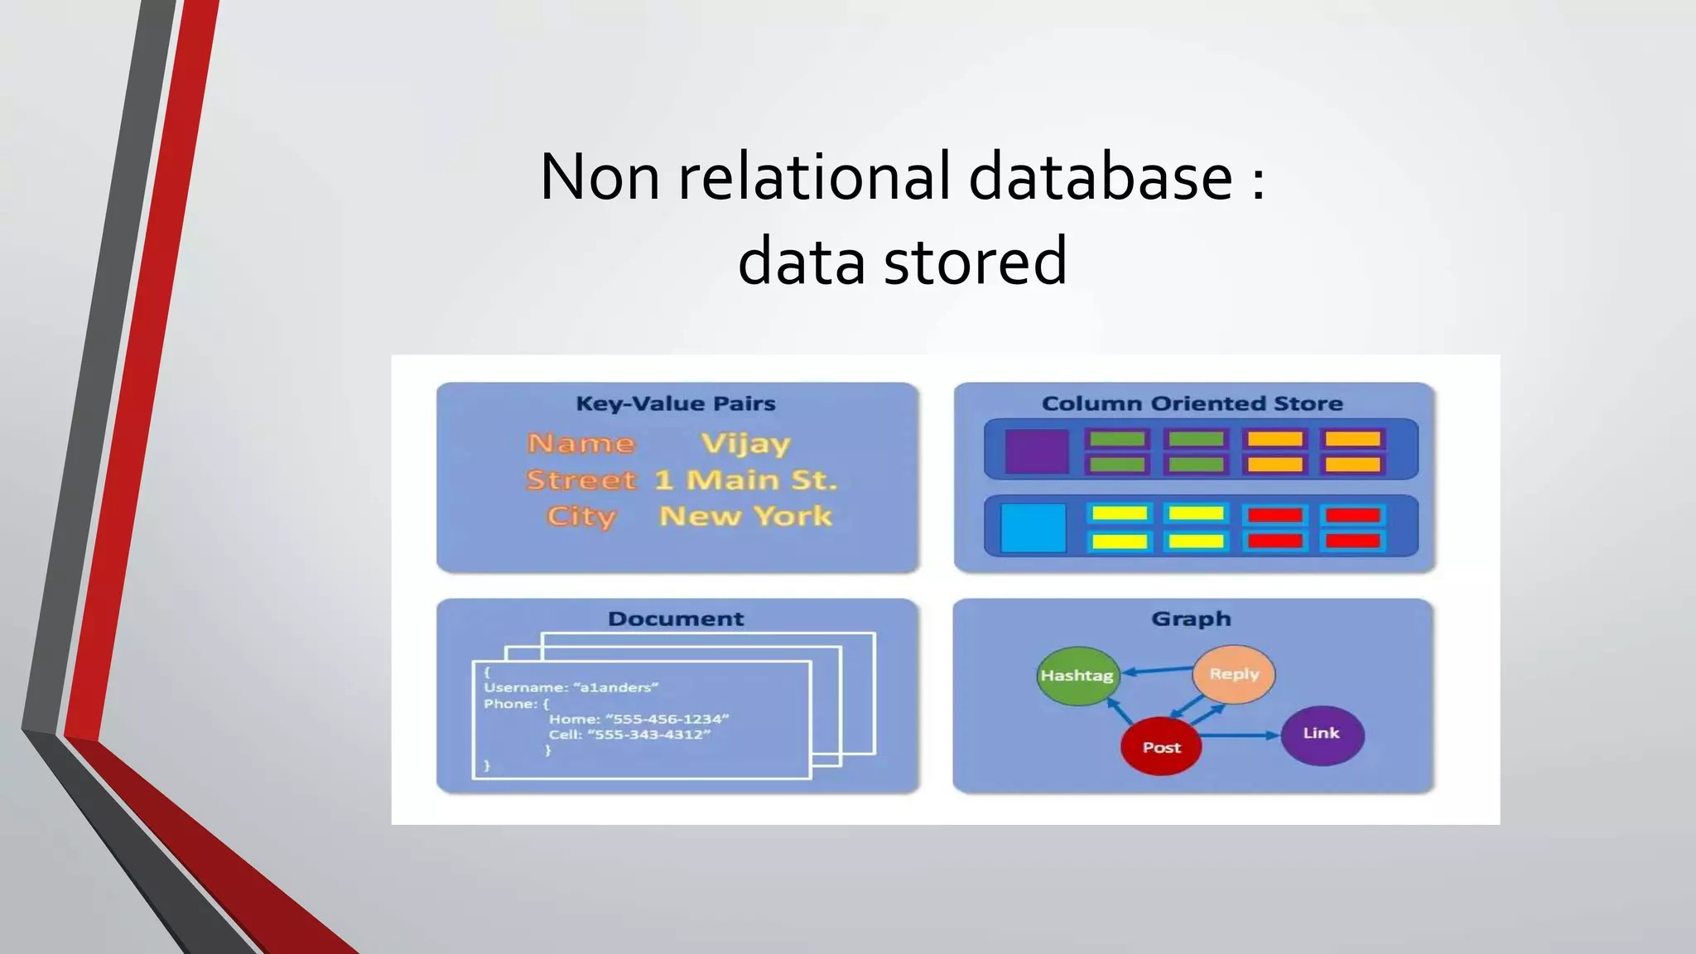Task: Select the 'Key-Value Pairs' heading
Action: point(676,403)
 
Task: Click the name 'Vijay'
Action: point(745,444)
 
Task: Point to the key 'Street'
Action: point(581,480)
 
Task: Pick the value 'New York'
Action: point(745,516)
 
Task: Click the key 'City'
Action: point(581,516)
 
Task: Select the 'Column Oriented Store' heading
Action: point(1192,403)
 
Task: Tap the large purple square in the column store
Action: point(1036,451)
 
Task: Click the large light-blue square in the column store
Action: point(1033,528)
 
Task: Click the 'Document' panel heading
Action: point(676,619)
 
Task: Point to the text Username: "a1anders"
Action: point(571,687)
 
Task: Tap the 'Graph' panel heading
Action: point(1191,619)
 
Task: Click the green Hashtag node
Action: point(1077,676)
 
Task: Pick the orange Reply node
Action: point(1234,674)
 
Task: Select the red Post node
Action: point(1161,747)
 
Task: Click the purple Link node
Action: point(1322,734)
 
